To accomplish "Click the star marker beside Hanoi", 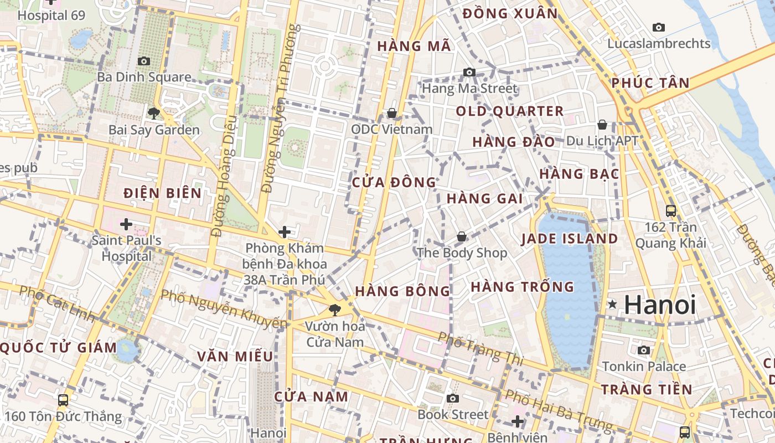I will tap(612, 304).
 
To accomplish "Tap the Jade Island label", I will tap(570, 239).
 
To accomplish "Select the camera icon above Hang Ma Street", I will tap(469, 72).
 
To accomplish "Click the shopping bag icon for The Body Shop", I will tap(462, 237).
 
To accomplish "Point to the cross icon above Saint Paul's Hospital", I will tap(126, 224).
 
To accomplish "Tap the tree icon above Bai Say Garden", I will tap(153, 114).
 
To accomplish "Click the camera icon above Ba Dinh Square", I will tap(144, 61).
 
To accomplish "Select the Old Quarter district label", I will tap(509, 111).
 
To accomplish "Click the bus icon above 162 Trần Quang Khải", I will tap(671, 210).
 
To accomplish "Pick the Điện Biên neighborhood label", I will tap(162, 193).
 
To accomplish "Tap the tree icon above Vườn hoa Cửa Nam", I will tap(334, 310).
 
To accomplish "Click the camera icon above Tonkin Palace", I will tap(643, 350).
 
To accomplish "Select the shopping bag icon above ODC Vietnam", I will tap(392, 113).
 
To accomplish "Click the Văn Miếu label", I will tap(235, 356).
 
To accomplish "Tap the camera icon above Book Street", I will tap(453, 399).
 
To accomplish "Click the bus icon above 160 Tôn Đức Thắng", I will tap(63, 400).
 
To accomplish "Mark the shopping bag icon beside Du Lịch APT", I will tap(602, 125).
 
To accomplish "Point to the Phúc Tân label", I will tap(650, 83).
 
